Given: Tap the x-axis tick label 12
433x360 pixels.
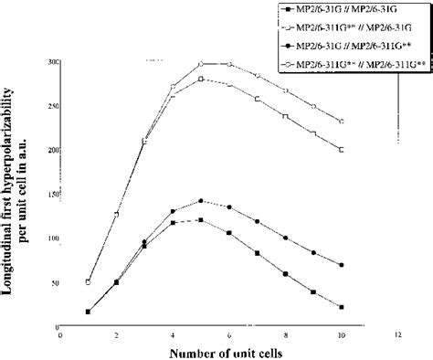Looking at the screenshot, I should (x=396, y=335).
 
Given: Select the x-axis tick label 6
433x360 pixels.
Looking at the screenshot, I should (x=228, y=335).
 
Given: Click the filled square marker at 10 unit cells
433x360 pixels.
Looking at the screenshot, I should (x=341, y=307).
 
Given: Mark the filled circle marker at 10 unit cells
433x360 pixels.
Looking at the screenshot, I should (x=341, y=265).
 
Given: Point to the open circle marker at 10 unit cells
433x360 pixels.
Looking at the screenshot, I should (x=341, y=121).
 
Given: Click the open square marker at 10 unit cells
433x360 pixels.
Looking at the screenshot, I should (x=341, y=149).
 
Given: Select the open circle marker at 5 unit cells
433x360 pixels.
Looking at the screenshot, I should (x=201, y=64).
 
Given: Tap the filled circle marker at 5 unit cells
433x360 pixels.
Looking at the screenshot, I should (x=201, y=201).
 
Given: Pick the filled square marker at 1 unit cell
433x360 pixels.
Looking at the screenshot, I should (x=88, y=312).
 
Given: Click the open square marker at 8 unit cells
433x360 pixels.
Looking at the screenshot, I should (x=285, y=116).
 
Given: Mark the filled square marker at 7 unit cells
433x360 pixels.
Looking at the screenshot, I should (x=257, y=253).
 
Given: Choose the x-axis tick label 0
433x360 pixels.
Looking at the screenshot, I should (x=59, y=335).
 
